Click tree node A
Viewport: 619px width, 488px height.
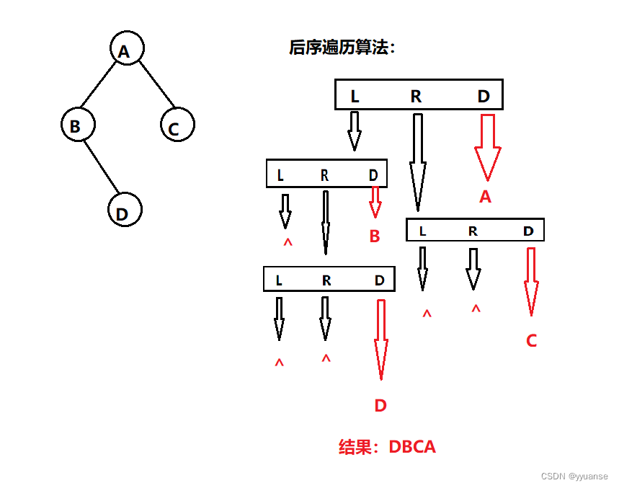pyautogui.click(x=127, y=50)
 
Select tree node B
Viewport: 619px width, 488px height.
pyautogui.click(x=78, y=125)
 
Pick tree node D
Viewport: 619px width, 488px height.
pyautogui.click(x=125, y=211)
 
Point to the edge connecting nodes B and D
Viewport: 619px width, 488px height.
pyautogui.click(x=101, y=168)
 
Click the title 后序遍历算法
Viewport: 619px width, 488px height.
pyautogui.click(x=342, y=48)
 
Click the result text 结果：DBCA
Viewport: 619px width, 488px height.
pyautogui.click(x=387, y=446)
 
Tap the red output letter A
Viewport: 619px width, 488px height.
pyautogui.click(x=485, y=196)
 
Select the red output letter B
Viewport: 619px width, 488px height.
pyautogui.click(x=374, y=236)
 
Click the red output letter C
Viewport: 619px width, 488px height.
pyautogui.click(x=531, y=341)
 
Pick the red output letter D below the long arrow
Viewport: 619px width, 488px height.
pyautogui.click(x=380, y=405)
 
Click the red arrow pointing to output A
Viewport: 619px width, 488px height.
pyautogui.click(x=487, y=147)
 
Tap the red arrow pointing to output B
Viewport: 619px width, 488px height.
pyautogui.click(x=375, y=202)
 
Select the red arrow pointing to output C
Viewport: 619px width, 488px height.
pyautogui.click(x=531, y=282)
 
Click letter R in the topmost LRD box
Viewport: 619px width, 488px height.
pyautogui.click(x=416, y=96)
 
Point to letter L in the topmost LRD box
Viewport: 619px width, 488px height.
pyautogui.click(x=355, y=96)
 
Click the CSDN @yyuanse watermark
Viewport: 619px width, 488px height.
pyautogui.click(x=574, y=476)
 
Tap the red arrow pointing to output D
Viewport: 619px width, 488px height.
pyautogui.click(x=380, y=339)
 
